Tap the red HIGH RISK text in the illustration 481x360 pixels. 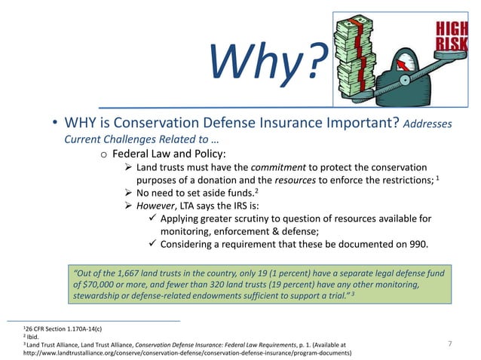pos(452,36)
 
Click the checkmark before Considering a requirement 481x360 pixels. pos(154,245)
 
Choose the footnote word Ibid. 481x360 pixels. pos(35,337)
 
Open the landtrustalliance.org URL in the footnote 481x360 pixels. pos(188,352)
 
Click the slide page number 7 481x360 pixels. pos(449,344)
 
